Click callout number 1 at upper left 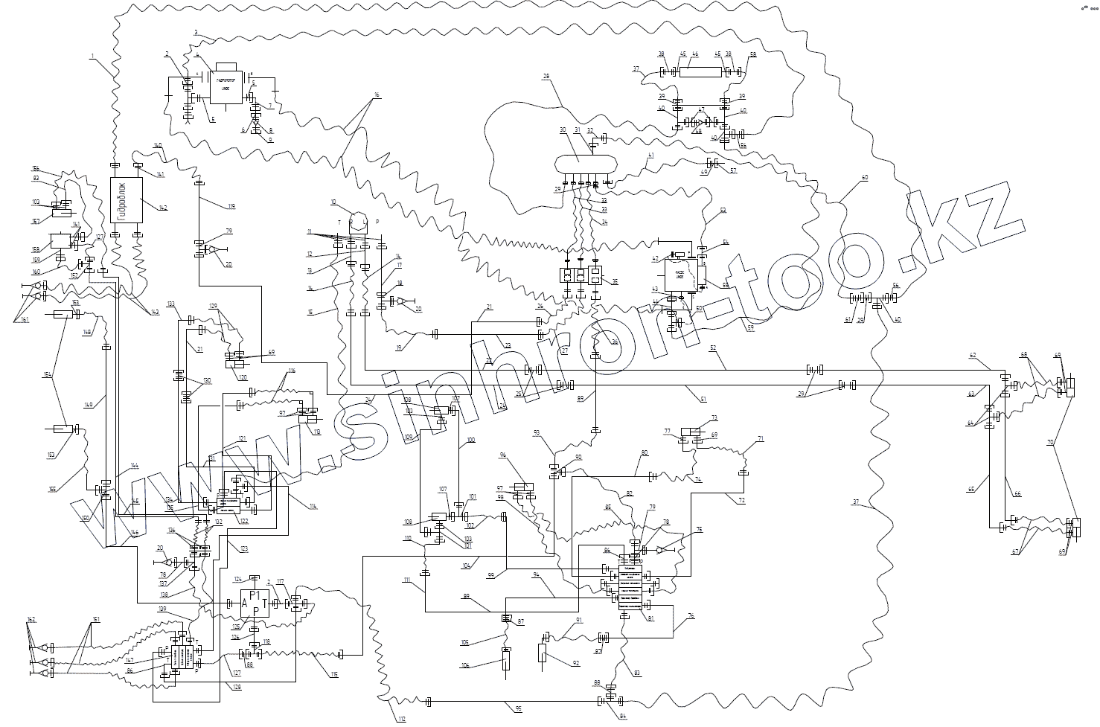point(92,56)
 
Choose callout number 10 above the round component point(335,201)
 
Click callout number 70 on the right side point(1050,442)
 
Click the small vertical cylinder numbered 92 point(543,653)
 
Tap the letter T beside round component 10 point(339,222)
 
